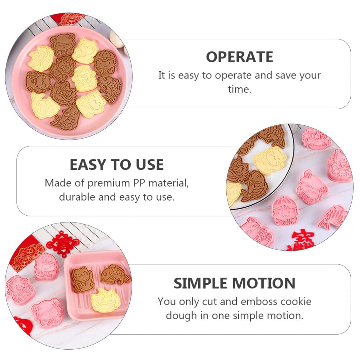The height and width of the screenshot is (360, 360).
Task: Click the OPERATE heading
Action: [x=239, y=57]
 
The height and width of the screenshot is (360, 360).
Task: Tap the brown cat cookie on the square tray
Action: [x=82, y=279]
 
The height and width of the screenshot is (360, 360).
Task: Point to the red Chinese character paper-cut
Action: [x=303, y=241]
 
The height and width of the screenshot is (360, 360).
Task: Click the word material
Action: [x=168, y=183]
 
